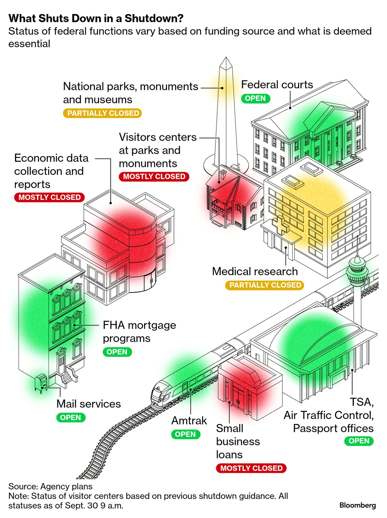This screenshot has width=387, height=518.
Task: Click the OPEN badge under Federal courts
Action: click(x=255, y=98)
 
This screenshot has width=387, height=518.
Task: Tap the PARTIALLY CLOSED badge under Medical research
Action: click(x=265, y=285)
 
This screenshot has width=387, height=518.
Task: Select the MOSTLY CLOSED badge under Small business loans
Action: click(x=251, y=468)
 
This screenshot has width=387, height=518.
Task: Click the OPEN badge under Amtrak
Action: click(x=185, y=434)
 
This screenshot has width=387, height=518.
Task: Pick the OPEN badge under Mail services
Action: click(x=71, y=417)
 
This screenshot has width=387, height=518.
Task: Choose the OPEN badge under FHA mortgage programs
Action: click(x=117, y=352)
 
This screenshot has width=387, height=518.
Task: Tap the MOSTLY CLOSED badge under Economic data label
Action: click(x=49, y=197)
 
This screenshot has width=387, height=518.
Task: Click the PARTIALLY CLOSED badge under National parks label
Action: click(x=102, y=113)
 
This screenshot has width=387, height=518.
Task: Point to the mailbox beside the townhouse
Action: click(x=41, y=383)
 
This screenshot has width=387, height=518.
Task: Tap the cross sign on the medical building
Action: click(x=280, y=225)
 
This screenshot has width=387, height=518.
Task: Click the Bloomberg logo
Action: click(x=357, y=505)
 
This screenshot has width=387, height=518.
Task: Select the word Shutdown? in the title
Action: click(x=154, y=18)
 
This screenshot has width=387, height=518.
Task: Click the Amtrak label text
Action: click(x=189, y=420)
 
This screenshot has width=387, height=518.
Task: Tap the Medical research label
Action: click(x=255, y=271)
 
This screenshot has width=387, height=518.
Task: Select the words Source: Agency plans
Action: click(x=50, y=486)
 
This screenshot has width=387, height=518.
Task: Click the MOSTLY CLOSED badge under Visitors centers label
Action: click(x=154, y=176)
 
